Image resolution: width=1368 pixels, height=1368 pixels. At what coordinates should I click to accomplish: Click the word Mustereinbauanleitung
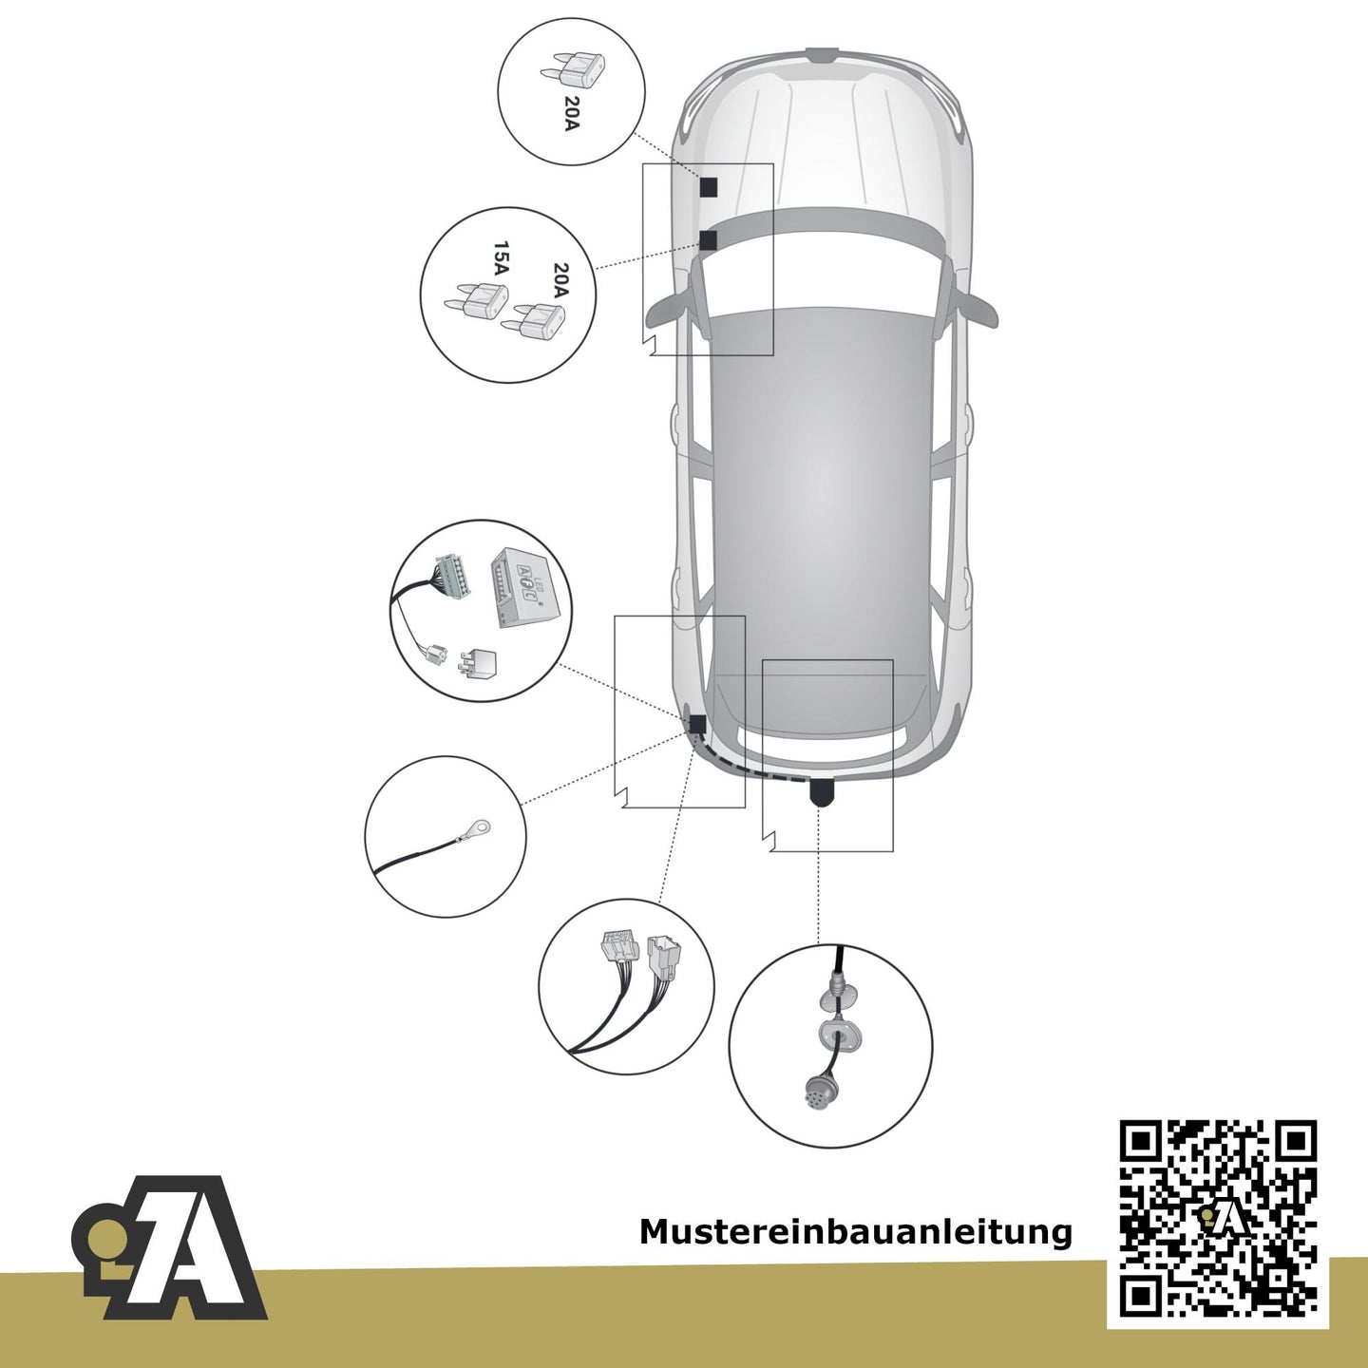coord(855,1232)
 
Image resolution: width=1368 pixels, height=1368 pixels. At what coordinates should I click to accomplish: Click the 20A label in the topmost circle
coord(572,114)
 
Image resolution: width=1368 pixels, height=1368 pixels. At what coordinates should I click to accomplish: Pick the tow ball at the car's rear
coord(821,791)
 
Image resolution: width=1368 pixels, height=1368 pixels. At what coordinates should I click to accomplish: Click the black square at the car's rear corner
coord(696,724)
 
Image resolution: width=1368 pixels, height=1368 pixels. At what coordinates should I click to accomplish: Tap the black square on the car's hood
coord(709,187)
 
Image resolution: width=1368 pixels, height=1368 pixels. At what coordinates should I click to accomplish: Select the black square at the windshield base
coord(708,240)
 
